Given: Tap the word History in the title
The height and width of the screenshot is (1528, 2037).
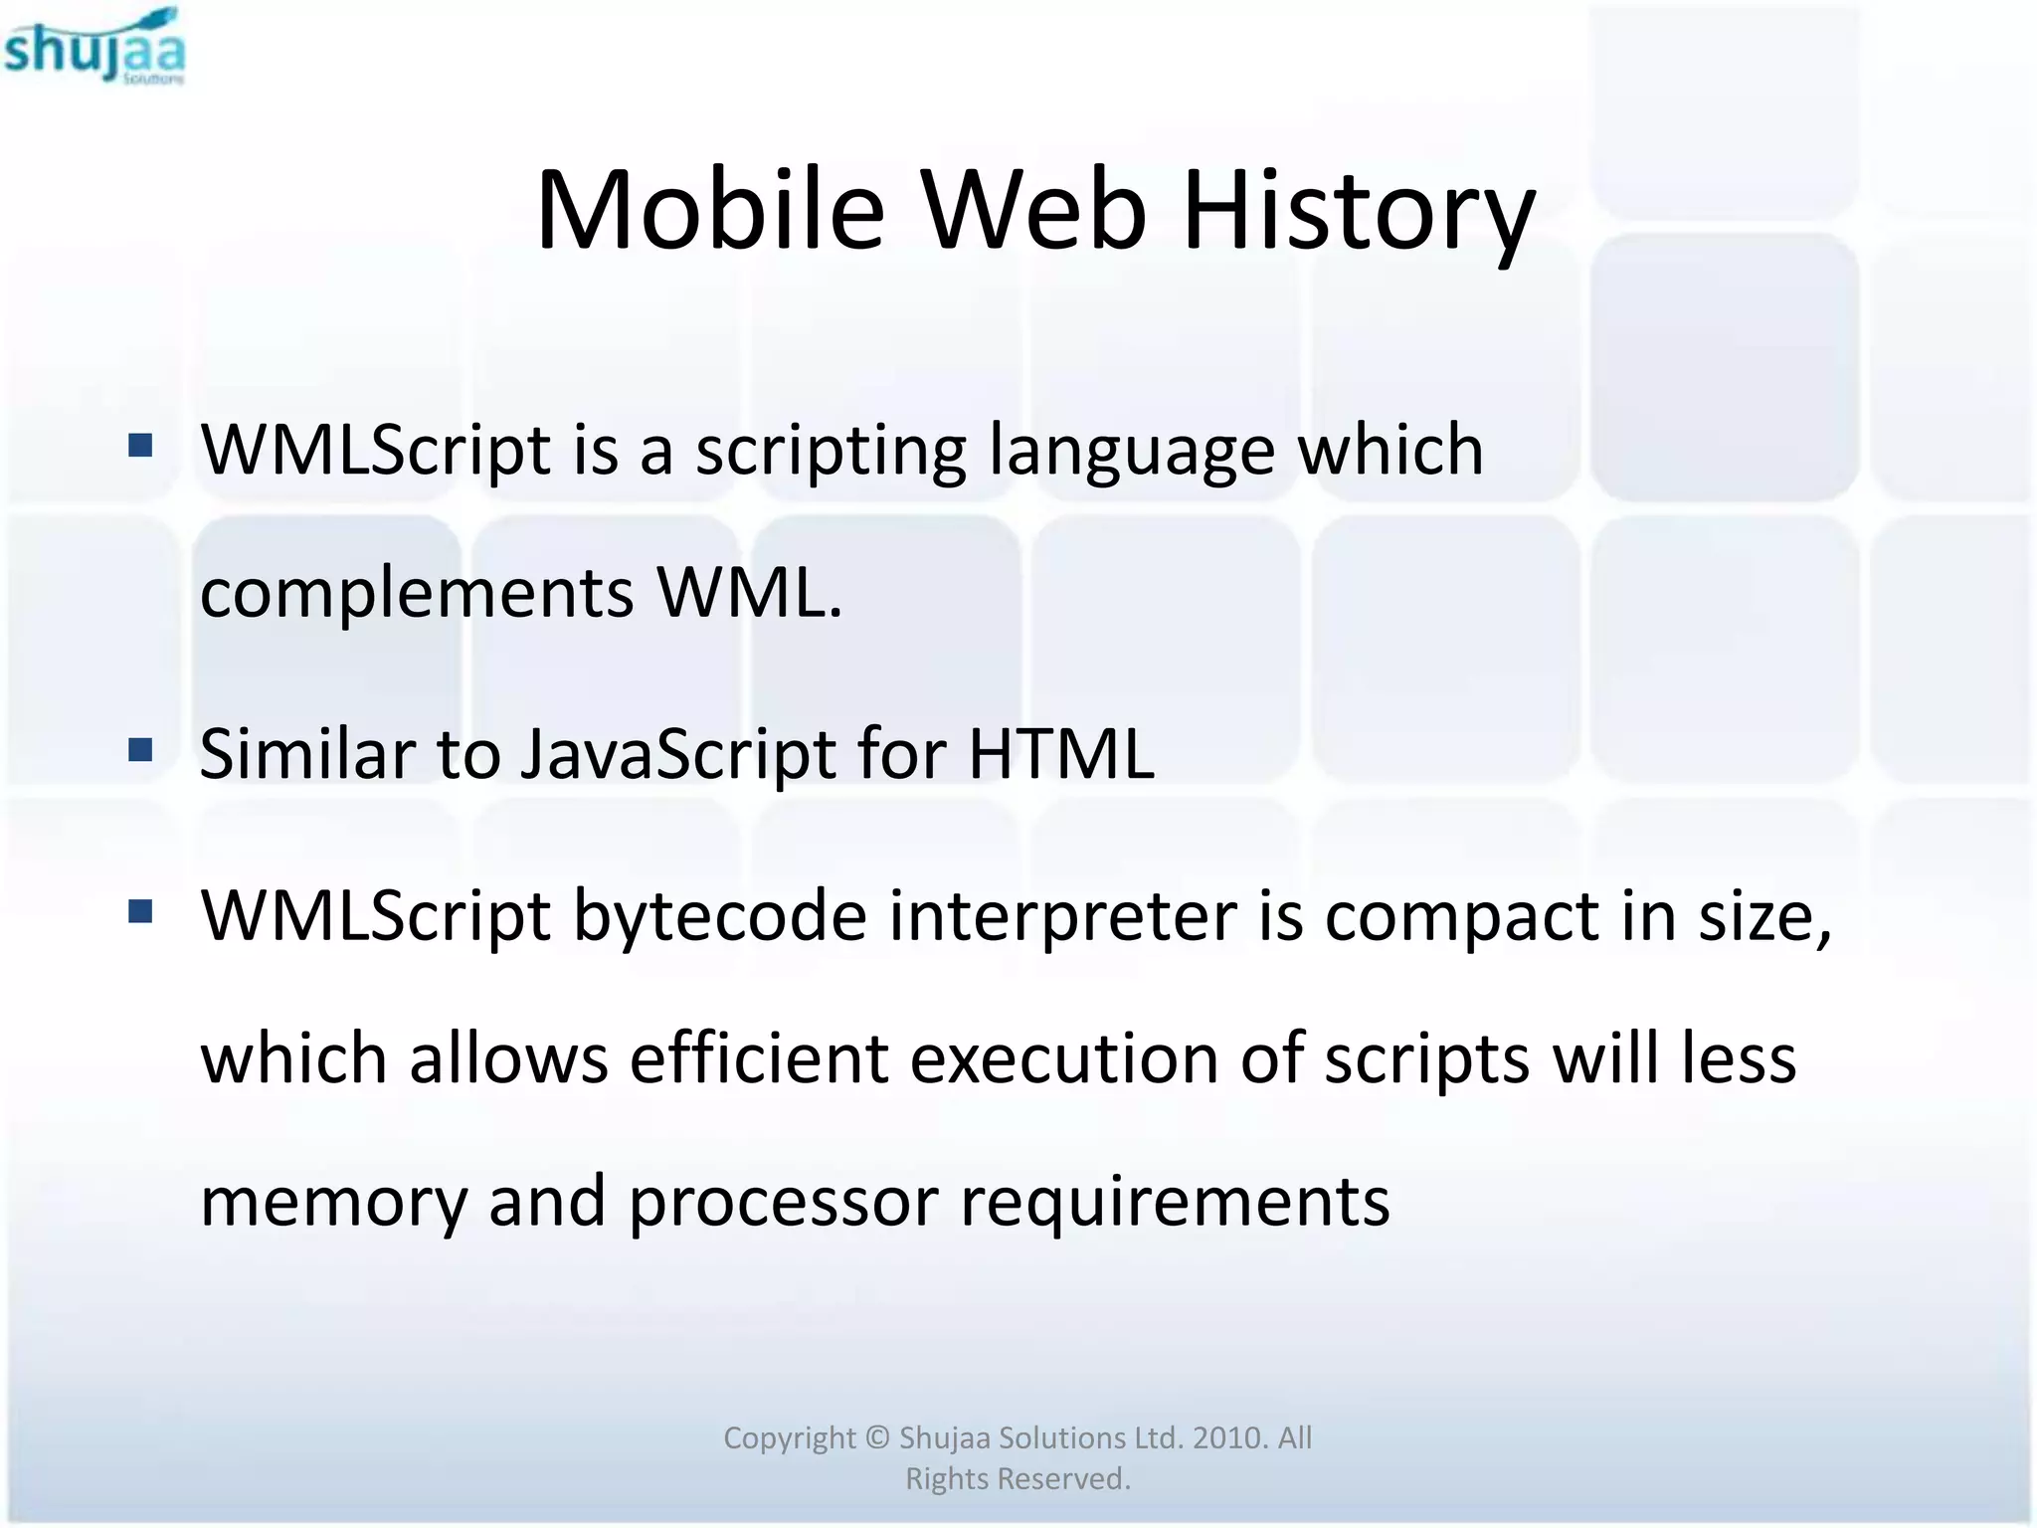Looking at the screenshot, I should [x=1358, y=211].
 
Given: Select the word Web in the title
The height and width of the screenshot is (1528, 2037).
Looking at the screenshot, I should [x=1033, y=211].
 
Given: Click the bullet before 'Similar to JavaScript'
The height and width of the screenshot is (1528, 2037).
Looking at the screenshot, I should [x=140, y=749].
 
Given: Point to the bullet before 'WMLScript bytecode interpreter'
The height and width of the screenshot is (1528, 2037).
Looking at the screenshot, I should [x=140, y=911].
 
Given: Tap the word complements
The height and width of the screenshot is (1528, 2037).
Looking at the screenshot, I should [x=417, y=595].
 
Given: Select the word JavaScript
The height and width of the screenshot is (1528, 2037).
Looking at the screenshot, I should [x=677, y=754].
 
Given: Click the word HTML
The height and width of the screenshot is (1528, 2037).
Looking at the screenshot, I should [x=1061, y=754].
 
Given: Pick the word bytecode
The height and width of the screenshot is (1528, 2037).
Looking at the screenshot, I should [x=720, y=917].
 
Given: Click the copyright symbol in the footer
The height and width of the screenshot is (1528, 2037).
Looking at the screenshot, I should [x=876, y=1437].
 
